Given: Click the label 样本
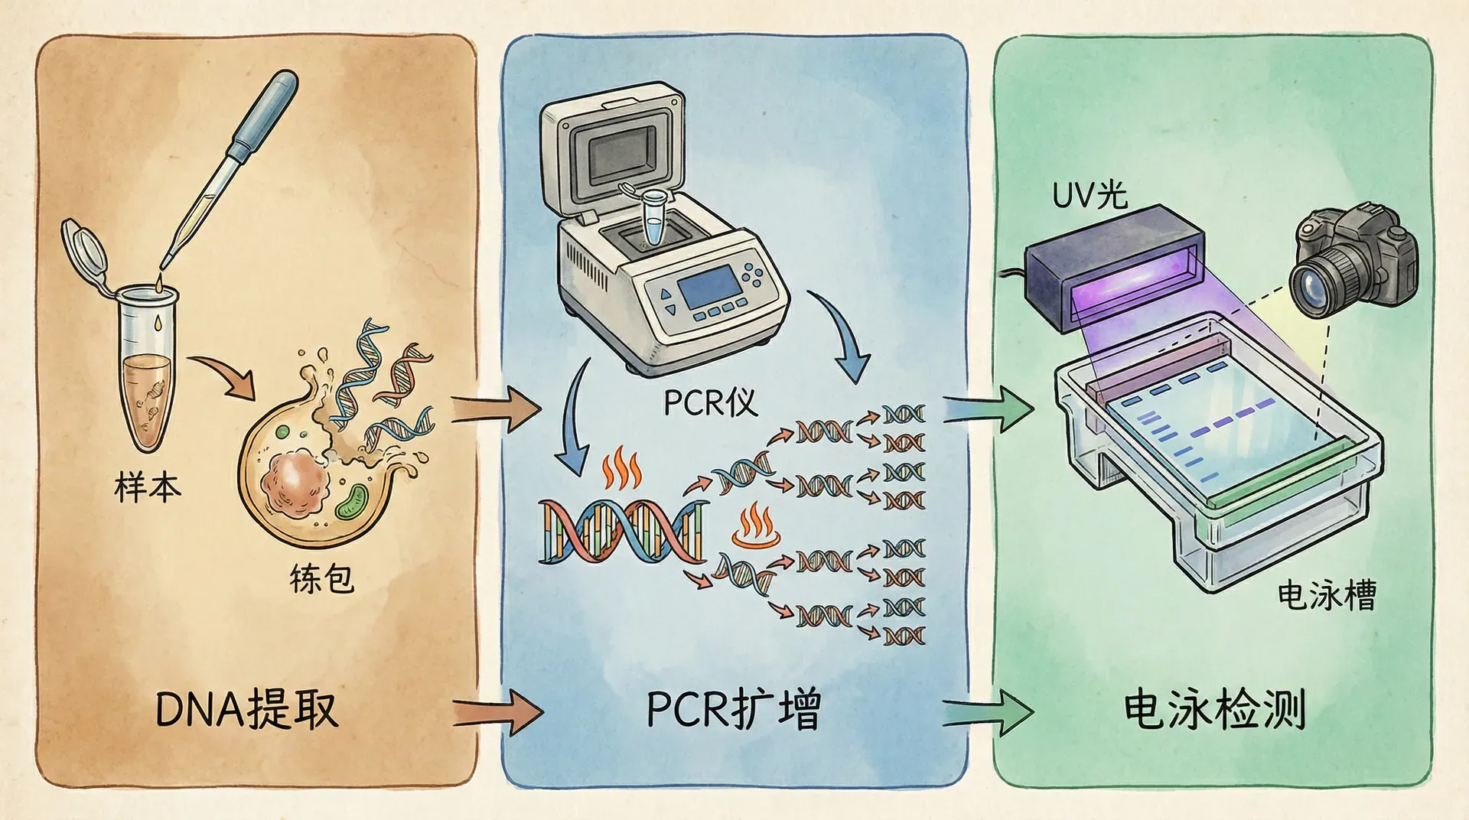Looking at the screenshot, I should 147,487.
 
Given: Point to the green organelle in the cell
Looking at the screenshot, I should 353,502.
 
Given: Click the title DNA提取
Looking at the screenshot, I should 246,709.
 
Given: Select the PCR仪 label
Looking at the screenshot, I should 709,402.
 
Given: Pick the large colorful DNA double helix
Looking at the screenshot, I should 621,531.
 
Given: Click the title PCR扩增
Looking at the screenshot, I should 733,709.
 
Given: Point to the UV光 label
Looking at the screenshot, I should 1090,195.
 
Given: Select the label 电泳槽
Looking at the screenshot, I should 1327,595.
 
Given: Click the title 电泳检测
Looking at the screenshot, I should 1213,709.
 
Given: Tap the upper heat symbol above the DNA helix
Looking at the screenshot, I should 620,470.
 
